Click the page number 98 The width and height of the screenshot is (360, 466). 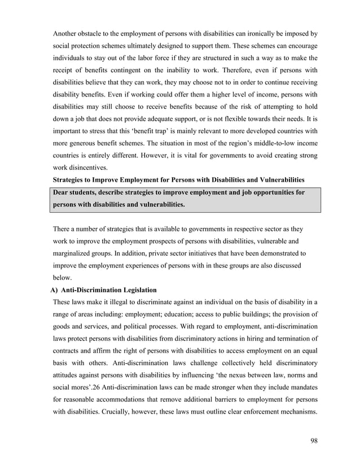[313, 441]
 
